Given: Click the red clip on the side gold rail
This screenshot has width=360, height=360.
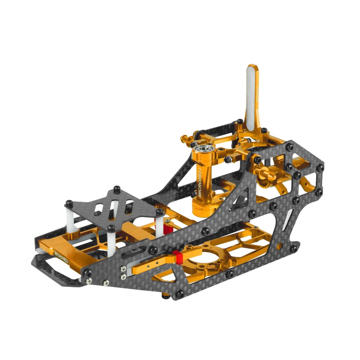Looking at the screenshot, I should pyautogui.click(x=176, y=257).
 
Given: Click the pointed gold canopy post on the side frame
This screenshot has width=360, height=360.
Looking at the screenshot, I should pyautogui.click(x=265, y=174).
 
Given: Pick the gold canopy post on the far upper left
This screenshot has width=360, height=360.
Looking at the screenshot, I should pyautogui.click(x=185, y=138).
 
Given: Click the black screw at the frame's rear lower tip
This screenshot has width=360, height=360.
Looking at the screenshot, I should pyautogui.click(x=294, y=248).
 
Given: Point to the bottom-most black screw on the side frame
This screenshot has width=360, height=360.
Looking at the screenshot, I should pyautogui.click(x=180, y=294).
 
